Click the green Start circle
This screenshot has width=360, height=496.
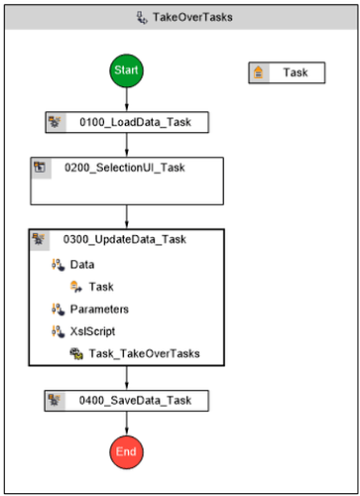[127, 71]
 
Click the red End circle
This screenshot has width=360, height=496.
[127, 451]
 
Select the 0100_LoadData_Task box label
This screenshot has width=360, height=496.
[142, 122]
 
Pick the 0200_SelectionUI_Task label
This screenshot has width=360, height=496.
[138, 167]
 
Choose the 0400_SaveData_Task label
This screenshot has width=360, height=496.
[142, 400]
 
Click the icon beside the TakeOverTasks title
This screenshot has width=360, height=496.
[143, 17]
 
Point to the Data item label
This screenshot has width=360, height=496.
[82, 265]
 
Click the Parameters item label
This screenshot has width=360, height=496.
[99, 309]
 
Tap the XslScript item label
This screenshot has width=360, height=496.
[95, 330]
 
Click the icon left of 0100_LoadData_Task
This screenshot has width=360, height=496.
[57, 122]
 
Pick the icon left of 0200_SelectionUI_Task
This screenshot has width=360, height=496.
[41, 167]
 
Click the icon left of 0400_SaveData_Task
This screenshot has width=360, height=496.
[57, 400]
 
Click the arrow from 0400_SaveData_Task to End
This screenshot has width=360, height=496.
[127, 423]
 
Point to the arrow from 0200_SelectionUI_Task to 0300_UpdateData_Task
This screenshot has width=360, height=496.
[127, 215]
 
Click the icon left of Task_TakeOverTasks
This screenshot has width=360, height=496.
[75, 352]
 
